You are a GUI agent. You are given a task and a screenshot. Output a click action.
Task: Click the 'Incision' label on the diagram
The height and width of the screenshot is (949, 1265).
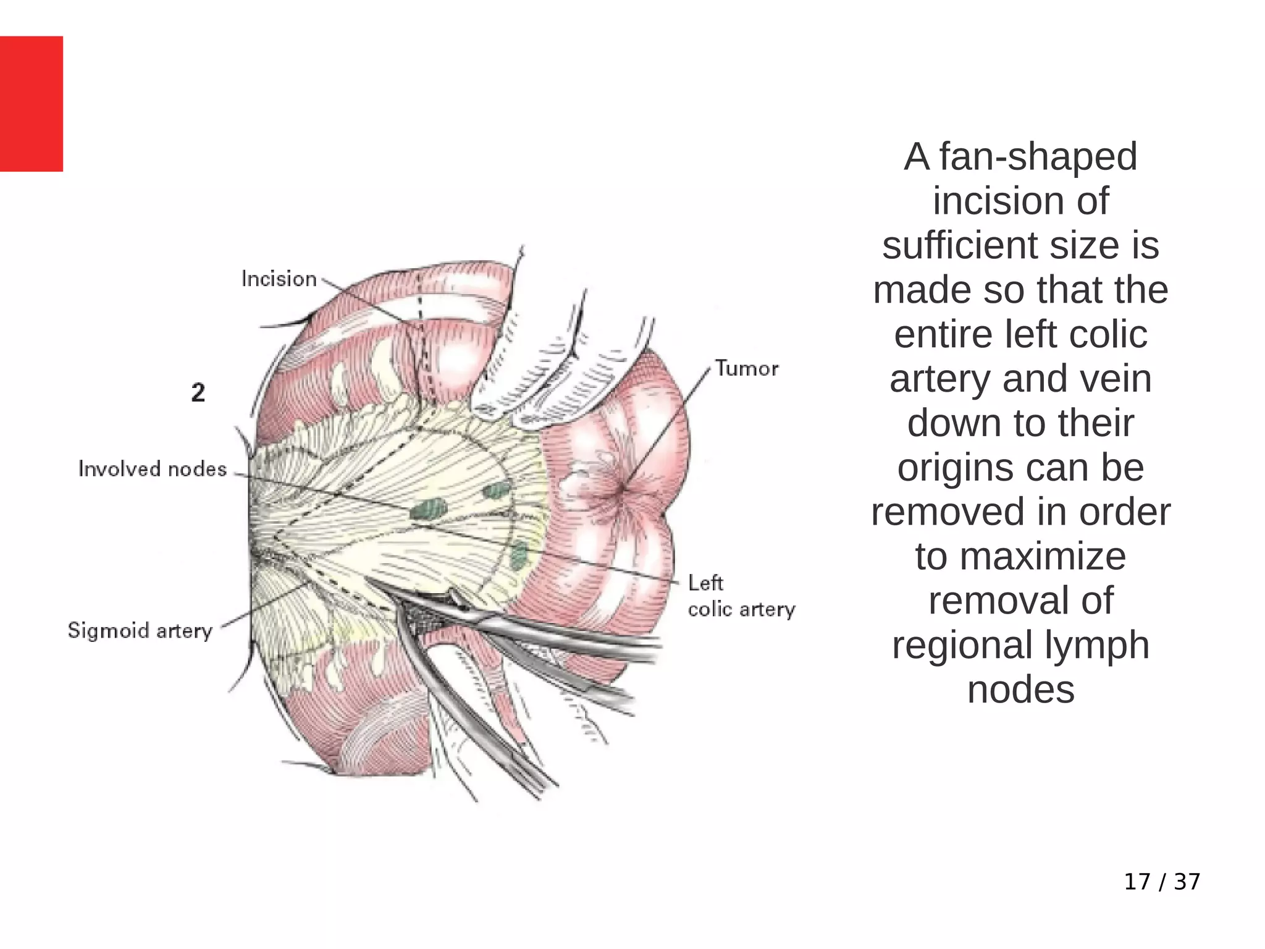279,279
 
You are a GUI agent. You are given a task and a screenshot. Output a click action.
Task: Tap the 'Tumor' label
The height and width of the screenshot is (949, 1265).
747,369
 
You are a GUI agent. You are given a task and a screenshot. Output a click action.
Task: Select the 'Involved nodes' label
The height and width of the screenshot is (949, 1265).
153,470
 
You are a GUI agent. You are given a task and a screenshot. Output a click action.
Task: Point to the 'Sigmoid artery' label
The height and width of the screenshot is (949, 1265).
140,631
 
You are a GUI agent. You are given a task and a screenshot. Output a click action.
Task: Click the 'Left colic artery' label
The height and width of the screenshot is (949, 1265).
741,596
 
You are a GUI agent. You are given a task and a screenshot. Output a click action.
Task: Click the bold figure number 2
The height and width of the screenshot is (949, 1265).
198,393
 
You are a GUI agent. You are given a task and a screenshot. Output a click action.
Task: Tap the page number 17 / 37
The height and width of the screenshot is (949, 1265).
1162,882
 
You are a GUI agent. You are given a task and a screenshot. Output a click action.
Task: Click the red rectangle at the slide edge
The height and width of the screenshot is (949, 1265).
32,104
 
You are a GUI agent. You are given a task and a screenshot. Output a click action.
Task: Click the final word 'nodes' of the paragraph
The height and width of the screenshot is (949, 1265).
1020,690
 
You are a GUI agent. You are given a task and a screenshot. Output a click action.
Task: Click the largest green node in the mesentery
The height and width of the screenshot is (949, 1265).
429,510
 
